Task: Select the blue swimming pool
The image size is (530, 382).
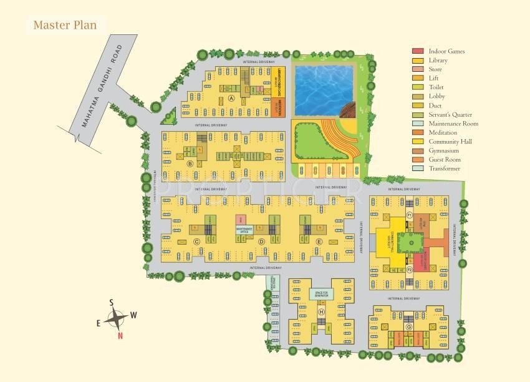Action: [323, 90]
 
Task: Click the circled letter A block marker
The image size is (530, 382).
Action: [231, 99]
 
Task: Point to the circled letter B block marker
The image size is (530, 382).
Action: [189, 164]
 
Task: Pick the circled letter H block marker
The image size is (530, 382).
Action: [322, 311]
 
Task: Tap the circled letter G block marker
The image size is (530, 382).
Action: [409, 326]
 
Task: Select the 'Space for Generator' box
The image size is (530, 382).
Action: [322, 293]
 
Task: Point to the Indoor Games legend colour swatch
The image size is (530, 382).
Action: [418, 51]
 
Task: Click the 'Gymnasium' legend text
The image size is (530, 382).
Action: [444, 151]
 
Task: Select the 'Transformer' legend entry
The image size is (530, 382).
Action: [445, 169]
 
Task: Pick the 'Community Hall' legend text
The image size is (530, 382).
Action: [450, 142]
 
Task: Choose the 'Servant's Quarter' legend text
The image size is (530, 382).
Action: [450, 115]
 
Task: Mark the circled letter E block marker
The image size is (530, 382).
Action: [319, 242]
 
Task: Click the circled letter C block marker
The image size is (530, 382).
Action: [196, 242]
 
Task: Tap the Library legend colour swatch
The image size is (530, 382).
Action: [418, 60]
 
